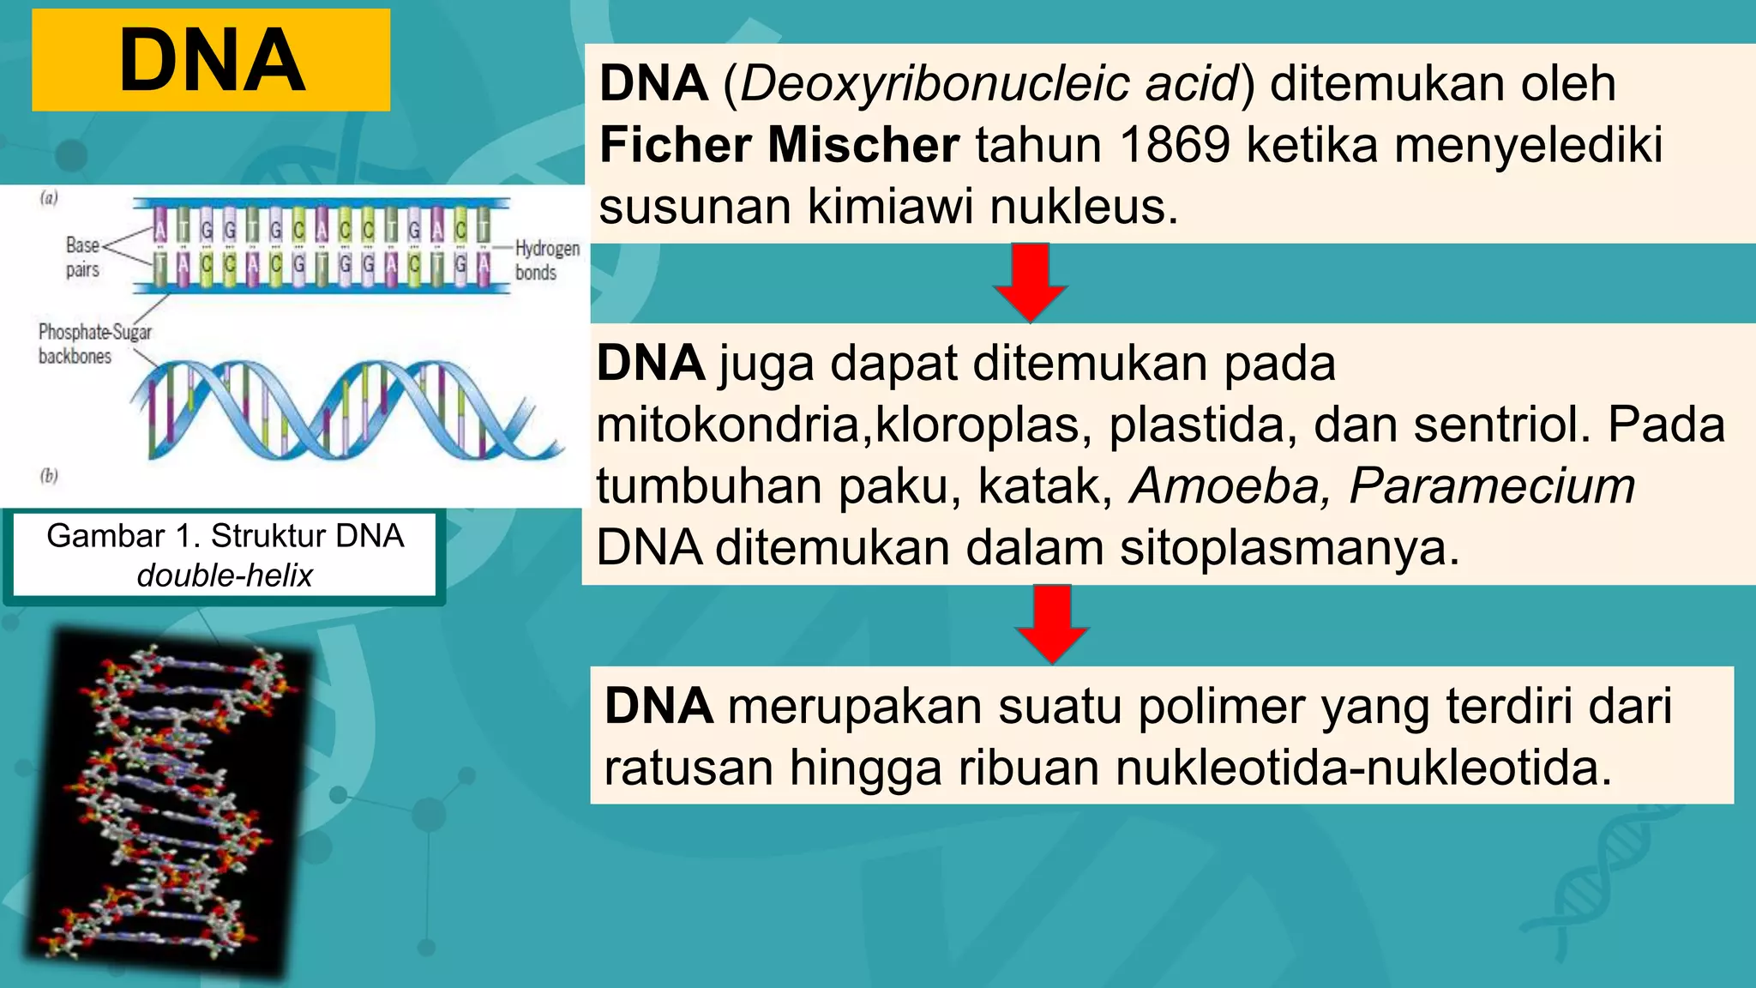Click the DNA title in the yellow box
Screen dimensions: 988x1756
[x=212, y=60]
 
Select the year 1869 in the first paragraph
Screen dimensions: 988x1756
[x=1175, y=144]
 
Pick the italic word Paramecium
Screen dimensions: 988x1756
[x=1492, y=486]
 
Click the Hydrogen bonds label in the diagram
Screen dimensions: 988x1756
[x=547, y=261]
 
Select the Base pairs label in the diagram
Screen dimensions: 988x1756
[x=82, y=257]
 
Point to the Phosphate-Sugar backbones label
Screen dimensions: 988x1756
[x=94, y=344]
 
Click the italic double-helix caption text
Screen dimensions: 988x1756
[x=225, y=575]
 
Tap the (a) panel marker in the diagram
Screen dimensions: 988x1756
[x=49, y=198]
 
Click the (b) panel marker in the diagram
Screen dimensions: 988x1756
[x=49, y=476]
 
